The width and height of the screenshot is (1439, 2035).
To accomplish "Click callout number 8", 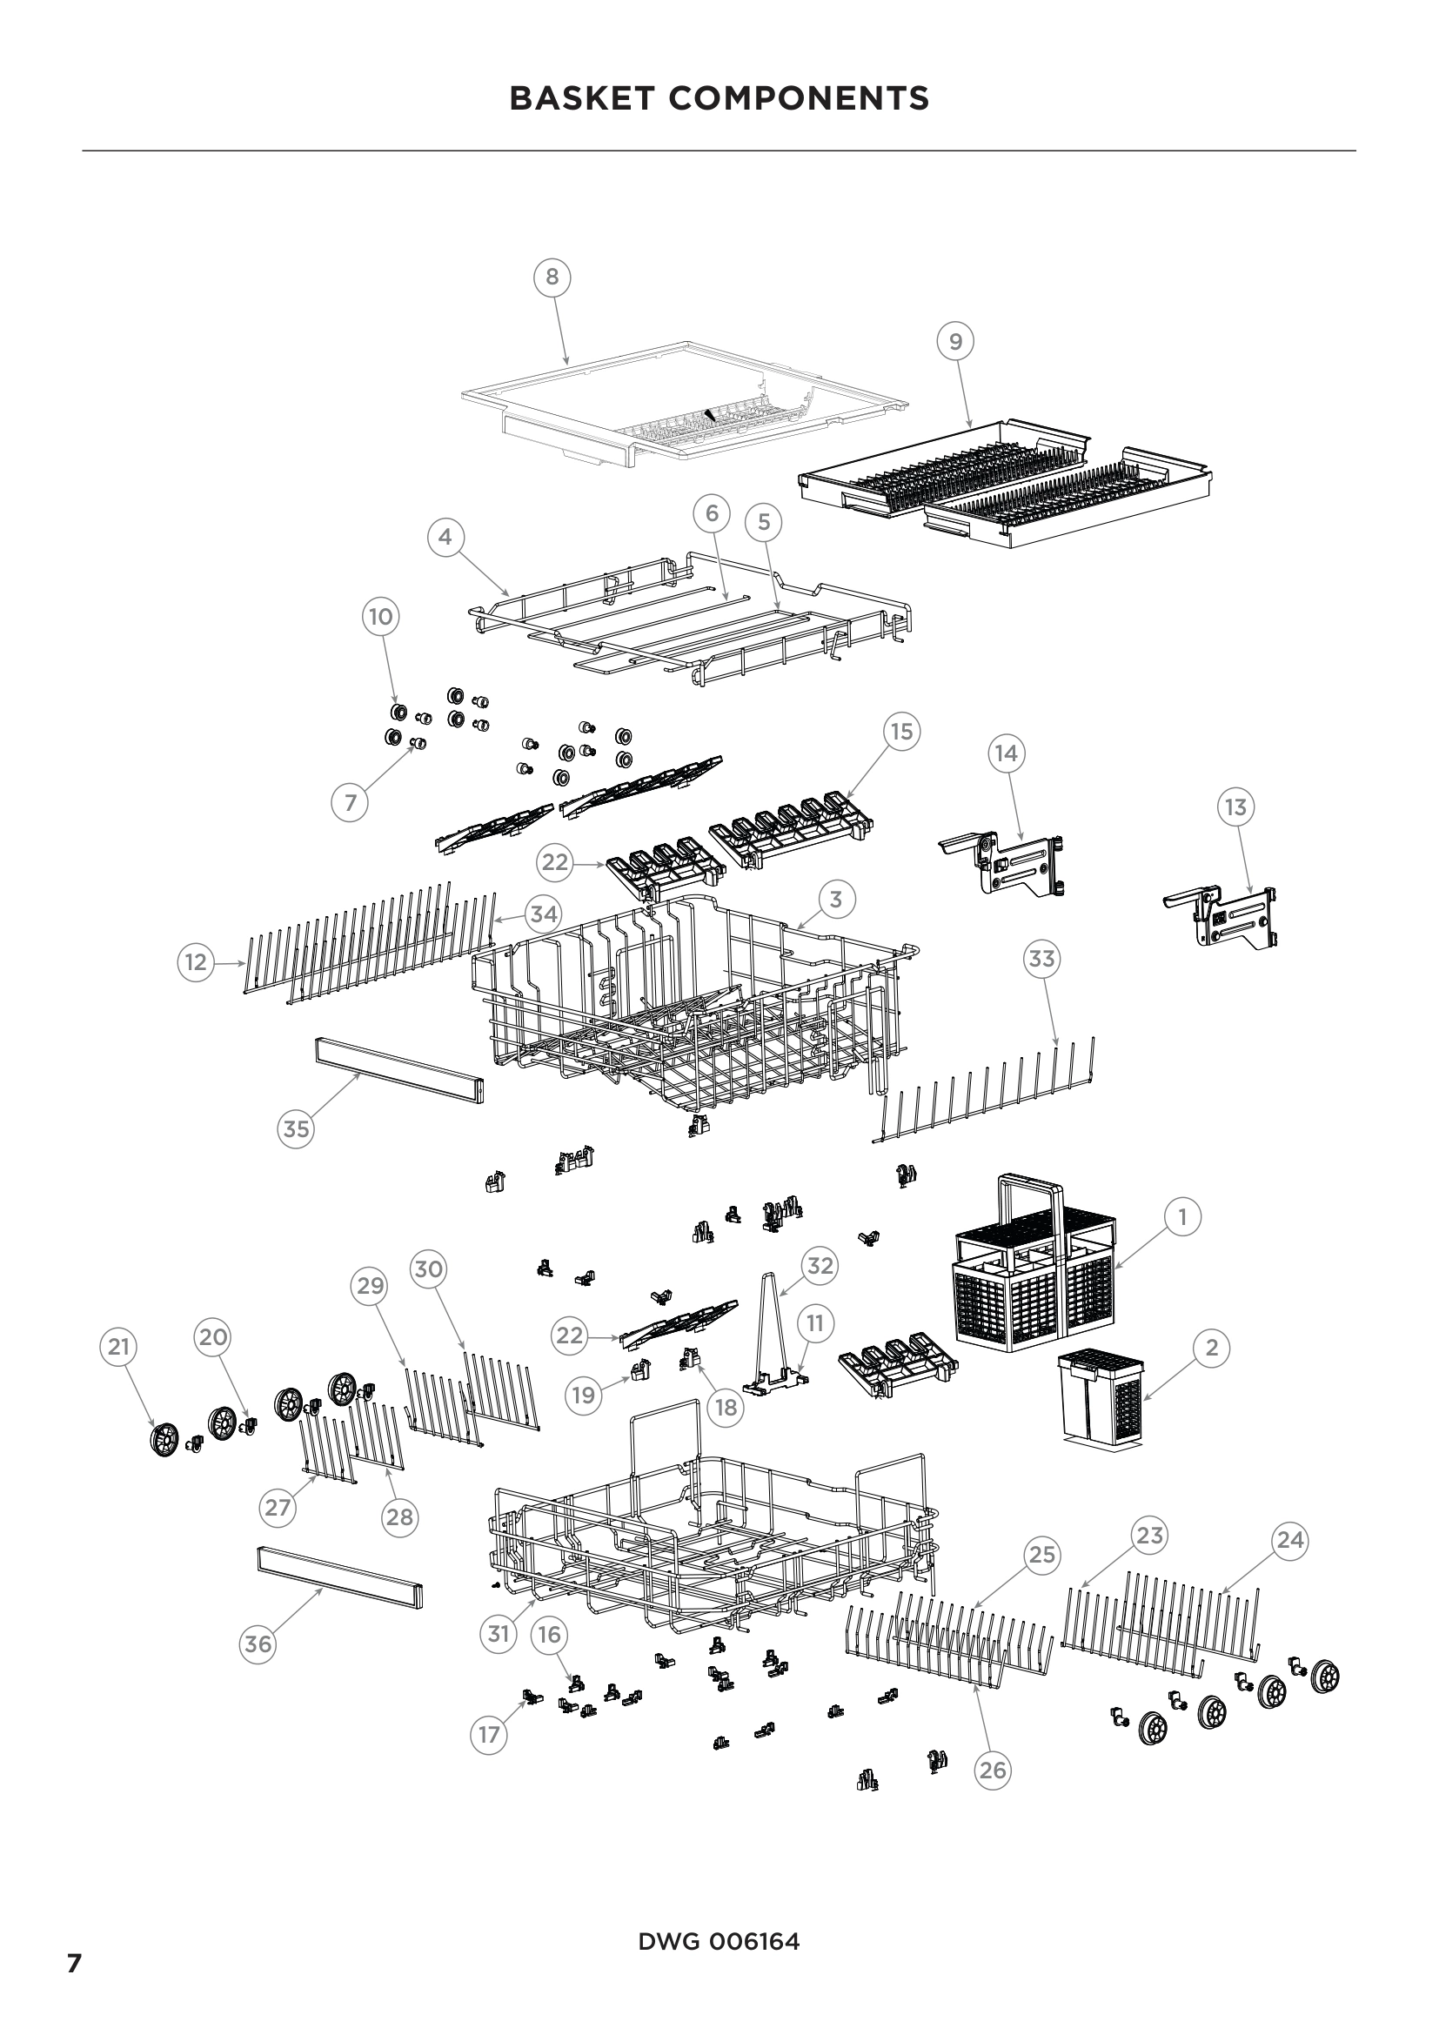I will pyautogui.click(x=552, y=278).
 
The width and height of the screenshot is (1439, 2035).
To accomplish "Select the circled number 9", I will pyautogui.click(x=955, y=341).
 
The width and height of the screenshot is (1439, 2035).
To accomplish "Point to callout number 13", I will pyautogui.click(x=1235, y=807).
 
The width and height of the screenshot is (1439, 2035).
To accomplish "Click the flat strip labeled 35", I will pyautogui.click(x=398, y=1070).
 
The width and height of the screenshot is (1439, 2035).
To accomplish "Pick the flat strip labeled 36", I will pyautogui.click(x=339, y=1576).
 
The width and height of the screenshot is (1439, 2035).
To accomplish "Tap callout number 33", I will pyautogui.click(x=1042, y=959).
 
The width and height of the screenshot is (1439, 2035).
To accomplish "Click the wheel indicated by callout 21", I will pyautogui.click(x=164, y=1439).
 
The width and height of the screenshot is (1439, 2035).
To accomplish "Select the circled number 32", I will pyautogui.click(x=820, y=1266).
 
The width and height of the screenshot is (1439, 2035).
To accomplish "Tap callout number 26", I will pyautogui.click(x=993, y=1770).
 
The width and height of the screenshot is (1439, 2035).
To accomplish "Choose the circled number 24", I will pyautogui.click(x=1289, y=1540).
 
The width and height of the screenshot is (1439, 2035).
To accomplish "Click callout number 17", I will pyautogui.click(x=489, y=1735).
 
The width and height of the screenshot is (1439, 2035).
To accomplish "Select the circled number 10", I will pyautogui.click(x=380, y=616).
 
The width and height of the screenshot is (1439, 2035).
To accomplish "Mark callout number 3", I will pyautogui.click(x=835, y=900).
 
